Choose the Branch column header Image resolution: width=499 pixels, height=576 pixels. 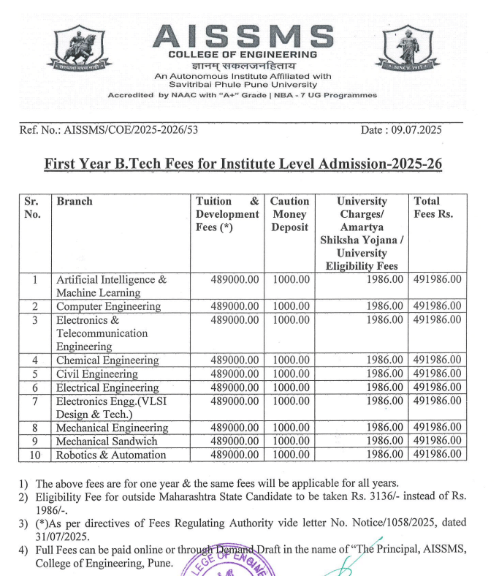75,201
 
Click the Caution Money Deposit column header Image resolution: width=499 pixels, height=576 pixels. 289,213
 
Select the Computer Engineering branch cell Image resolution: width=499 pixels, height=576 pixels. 108,306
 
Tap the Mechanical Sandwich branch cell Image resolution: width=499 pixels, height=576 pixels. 107,441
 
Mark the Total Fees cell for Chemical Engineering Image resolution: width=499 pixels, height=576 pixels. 437,360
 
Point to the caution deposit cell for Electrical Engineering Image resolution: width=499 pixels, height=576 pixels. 291,387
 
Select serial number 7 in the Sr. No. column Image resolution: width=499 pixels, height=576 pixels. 34,401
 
